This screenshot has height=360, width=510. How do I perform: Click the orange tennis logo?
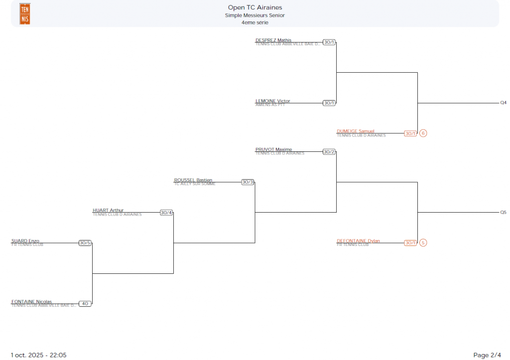point(24,13)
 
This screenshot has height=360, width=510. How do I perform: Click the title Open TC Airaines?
point(255,7)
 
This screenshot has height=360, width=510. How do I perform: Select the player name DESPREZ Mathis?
point(273,40)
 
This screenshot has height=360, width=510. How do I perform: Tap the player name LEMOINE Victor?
point(272,101)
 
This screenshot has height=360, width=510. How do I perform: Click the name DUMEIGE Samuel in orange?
point(355,131)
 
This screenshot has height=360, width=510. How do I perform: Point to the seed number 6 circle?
point(423,133)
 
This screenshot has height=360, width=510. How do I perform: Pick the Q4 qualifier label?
point(503,103)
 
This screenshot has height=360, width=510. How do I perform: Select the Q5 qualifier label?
point(503,213)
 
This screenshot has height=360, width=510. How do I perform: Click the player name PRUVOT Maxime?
point(273,149)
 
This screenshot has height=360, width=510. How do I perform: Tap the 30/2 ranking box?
point(329,152)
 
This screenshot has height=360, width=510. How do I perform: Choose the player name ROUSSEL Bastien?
point(193,180)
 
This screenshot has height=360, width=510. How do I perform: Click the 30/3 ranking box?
point(248,182)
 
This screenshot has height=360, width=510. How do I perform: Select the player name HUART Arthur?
point(108,211)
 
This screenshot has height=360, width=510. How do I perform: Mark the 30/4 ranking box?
point(166,213)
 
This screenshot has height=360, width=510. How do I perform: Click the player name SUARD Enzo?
point(25,241)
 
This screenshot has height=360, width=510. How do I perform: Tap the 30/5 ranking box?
point(85,243)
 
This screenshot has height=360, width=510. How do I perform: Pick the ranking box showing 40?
point(85,304)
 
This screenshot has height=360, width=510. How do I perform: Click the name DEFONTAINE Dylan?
point(358,241)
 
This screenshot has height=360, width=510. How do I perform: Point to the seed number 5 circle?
point(423,243)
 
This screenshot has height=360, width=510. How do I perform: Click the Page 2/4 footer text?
point(487,355)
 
